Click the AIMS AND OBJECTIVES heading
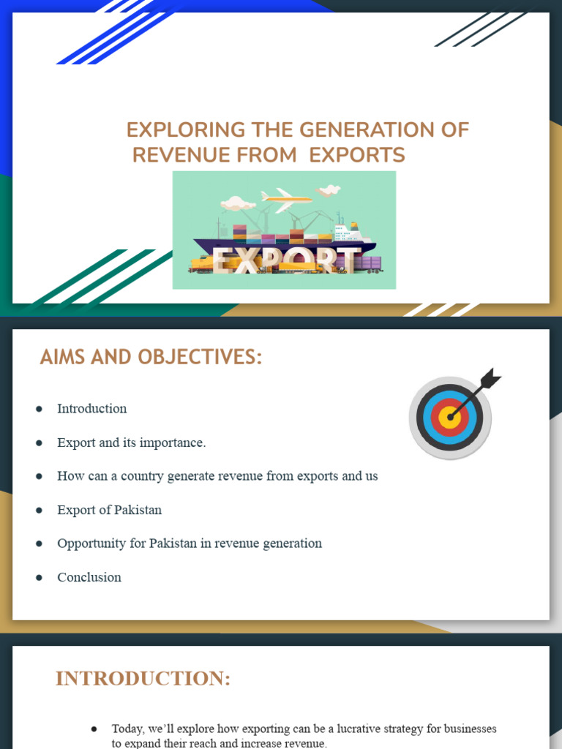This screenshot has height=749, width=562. pyautogui.click(x=151, y=358)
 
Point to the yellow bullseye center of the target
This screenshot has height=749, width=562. pyautogui.click(x=450, y=418)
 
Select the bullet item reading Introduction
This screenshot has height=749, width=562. pyautogui.click(x=91, y=409)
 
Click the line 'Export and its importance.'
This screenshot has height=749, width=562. pyautogui.click(x=132, y=443)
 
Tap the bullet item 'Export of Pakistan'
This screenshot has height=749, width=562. pyautogui.click(x=109, y=510)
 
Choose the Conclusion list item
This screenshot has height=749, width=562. pyautogui.click(x=89, y=577)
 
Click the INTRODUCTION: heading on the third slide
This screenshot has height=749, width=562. pyautogui.click(x=143, y=679)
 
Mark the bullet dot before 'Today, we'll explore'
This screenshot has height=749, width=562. pyautogui.click(x=94, y=729)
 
